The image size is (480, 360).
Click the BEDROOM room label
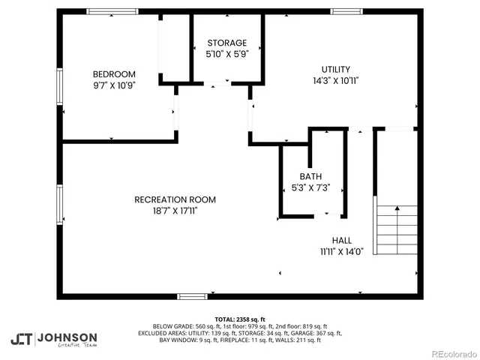114,73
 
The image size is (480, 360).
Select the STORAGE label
226,43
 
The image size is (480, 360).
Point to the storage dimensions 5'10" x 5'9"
226,54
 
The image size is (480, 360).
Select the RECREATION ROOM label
175,199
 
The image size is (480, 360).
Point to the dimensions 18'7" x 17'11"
175,211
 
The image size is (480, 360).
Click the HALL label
341,240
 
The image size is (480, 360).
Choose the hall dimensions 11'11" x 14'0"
341,252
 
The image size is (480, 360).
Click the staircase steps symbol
396,229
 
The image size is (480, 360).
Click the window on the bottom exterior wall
192,296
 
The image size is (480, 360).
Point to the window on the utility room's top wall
346,11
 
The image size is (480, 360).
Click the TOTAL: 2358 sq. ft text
240,319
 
